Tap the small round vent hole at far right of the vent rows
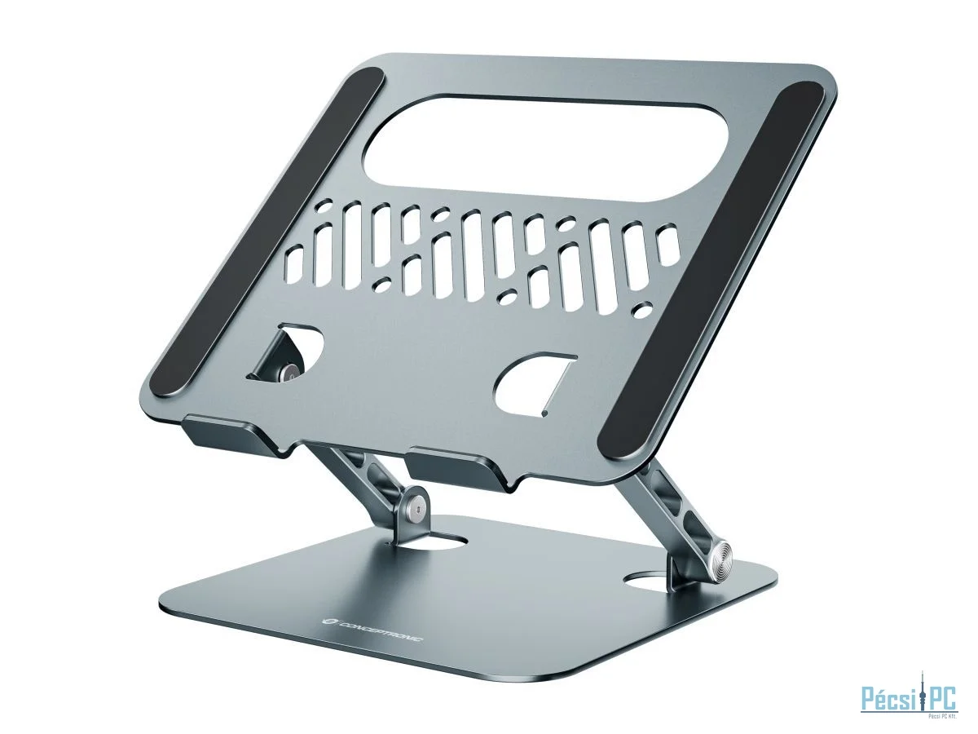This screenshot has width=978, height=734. (644, 310)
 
